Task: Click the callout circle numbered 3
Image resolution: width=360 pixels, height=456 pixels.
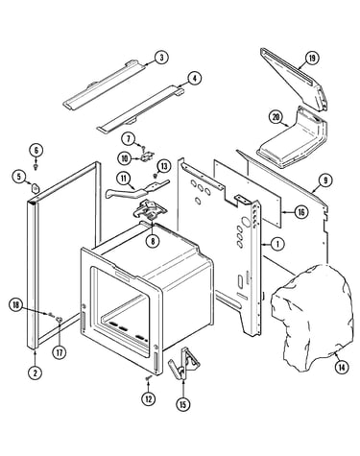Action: tap(161, 58)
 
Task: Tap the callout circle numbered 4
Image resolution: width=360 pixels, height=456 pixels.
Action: tap(195, 79)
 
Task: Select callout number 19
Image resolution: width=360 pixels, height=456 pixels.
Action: tap(312, 59)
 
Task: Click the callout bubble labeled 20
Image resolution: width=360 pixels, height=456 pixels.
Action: tap(276, 117)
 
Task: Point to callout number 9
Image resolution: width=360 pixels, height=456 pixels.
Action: tap(325, 180)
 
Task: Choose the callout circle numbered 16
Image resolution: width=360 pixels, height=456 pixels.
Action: tap(301, 212)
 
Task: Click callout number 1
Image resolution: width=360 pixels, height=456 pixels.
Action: tap(277, 244)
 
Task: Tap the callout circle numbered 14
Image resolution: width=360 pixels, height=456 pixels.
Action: tap(342, 367)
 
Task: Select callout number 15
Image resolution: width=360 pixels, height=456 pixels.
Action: tap(182, 404)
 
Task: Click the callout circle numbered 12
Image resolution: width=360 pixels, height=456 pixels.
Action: tap(149, 398)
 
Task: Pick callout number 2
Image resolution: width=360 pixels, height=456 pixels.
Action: tap(35, 372)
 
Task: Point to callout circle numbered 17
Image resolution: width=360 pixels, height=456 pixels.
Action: tap(60, 352)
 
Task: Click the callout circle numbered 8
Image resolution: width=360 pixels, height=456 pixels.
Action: tap(153, 241)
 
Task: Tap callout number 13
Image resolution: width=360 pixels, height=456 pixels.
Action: tap(164, 166)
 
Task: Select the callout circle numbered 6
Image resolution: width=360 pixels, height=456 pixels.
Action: tap(36, 150)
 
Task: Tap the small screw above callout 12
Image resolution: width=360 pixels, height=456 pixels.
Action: tap(149, 378)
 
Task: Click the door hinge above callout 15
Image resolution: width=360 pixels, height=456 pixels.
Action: tap(184, 363)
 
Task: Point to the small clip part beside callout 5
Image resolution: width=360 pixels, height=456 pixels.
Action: tap(35, 186)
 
